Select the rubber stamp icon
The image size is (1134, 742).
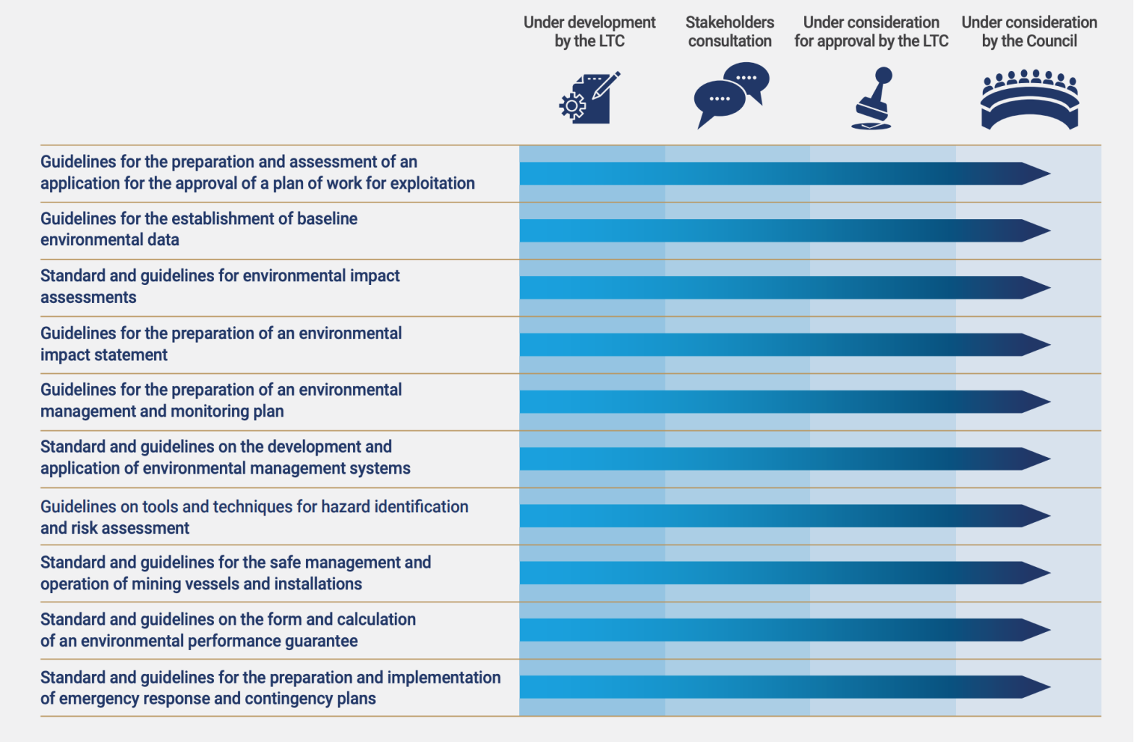tap(872, 98)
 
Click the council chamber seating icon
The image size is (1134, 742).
tap(1029, 100)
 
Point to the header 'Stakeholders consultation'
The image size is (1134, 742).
tap(730, 32)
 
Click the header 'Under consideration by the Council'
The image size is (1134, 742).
tap(1029, 32)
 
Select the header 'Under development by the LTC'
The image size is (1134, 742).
tap(589, 32)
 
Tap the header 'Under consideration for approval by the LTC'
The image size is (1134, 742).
tap(871, 32)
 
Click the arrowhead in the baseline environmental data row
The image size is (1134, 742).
tap(1036, 231)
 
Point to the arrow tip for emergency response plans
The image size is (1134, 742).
tap(1036, 687)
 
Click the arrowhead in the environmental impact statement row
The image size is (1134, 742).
tap(1036, 345)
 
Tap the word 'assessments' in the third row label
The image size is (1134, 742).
tap(88, 298)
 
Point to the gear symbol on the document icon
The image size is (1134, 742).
tap(572, 106)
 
